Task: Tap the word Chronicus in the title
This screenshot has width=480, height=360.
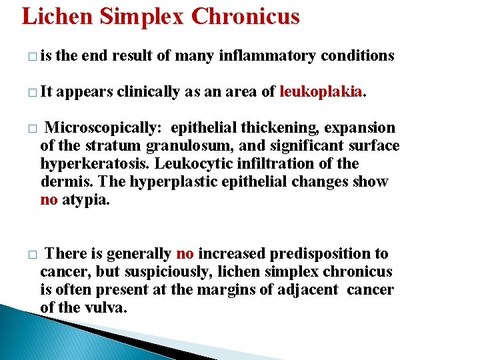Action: [x=245, y=15]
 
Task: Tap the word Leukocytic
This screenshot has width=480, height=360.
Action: [x=197, y=163]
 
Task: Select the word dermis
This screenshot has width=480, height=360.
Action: [x=63, y=181]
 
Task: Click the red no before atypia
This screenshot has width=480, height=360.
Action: [x=49, y=199]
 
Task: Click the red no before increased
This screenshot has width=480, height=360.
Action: [x=185, y=253]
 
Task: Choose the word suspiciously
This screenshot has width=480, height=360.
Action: [x=154, y=271]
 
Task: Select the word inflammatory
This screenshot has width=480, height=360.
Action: [x=271, y=56]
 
